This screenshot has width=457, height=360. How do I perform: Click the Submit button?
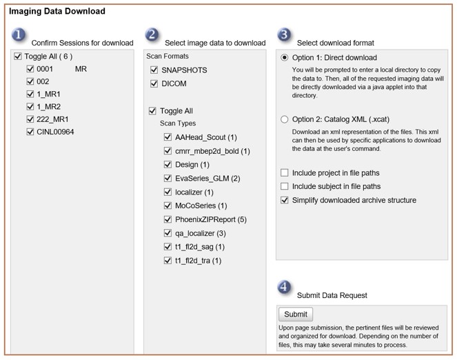click(296, 314)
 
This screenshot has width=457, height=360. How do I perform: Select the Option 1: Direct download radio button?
click(285, 58)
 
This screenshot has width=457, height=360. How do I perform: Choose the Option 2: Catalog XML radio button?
click(285, 119)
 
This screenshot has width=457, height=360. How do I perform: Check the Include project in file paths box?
click(285, 173)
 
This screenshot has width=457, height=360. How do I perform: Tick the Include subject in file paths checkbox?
click(285, 187)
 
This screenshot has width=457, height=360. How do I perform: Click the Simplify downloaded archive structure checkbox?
click(285, 201)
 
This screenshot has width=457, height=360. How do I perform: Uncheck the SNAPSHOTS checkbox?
click(154, 70)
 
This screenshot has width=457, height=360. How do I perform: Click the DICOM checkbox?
click(154, 84)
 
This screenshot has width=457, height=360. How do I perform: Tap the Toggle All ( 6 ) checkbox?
click(17, 57)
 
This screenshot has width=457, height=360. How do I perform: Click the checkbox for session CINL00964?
click(30, 132)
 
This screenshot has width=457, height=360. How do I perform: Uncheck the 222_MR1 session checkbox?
click(30, 119)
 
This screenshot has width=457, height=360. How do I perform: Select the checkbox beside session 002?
click(30, 81)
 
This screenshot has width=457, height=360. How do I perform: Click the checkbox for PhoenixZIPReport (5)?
click(168, 219)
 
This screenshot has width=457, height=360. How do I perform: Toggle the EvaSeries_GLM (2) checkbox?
click(168, 179)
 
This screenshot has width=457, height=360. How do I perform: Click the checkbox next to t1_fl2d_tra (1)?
click(168, 261)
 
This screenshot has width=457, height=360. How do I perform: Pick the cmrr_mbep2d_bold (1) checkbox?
click(168, 151)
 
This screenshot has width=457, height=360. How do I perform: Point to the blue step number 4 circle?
click(284, 287)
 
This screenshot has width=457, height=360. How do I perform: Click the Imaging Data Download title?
click(57, 12)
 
